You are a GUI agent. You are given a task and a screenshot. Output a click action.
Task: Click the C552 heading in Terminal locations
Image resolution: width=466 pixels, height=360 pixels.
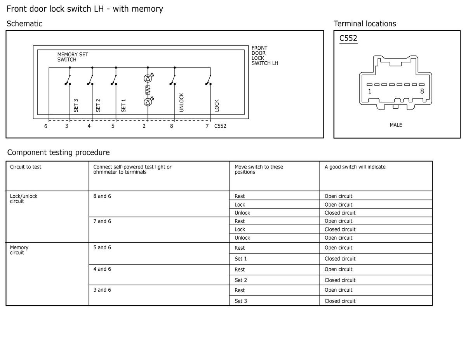(x=348, y=38)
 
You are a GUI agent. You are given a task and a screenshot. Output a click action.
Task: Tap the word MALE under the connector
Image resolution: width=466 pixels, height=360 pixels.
(x=396, y=125)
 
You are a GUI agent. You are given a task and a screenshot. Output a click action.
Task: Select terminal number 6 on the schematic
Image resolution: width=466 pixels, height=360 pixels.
(x=46, y=126)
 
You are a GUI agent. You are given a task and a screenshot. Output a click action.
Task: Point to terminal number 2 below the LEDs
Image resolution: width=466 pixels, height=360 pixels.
(x=144, y=126)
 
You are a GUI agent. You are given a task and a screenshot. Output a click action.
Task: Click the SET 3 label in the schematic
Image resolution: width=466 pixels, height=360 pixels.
(x=76, y=105)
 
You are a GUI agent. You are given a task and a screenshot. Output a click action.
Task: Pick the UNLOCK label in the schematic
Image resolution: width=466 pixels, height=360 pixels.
(x=182, y=103)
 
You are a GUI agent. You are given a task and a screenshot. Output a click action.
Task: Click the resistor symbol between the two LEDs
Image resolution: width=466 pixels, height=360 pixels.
(x=148, y=90)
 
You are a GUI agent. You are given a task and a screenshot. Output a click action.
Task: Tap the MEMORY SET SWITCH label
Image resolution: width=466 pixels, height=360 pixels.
(x=73, y=57)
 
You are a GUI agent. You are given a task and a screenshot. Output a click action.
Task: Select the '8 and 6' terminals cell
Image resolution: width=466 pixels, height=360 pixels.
(x=102, y=196)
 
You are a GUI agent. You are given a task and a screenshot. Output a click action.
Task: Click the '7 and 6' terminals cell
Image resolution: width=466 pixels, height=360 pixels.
(x=102, y=221)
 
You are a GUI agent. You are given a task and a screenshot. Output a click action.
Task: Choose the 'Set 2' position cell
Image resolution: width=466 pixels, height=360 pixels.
(x=241, y=280)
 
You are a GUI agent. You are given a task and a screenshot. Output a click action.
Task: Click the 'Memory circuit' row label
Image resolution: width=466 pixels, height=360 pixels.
(x=19, y=250)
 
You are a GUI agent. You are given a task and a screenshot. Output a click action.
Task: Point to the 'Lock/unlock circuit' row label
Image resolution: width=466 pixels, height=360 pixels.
(x=23, y=198)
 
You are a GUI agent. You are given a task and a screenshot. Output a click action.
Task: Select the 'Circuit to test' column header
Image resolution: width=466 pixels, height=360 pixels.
(x=26, y=167)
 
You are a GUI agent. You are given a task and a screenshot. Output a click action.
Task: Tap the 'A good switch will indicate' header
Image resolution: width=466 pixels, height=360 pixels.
(x=355, y=167)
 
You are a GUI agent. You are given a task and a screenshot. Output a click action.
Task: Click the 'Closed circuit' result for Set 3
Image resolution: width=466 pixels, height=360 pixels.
(x=340, y=301)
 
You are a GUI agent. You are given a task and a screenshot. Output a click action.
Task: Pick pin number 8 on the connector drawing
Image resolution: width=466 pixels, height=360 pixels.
(x=422, y=91)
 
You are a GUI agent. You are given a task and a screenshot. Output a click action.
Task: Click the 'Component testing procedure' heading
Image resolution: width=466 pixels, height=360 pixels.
(x=58, y=152)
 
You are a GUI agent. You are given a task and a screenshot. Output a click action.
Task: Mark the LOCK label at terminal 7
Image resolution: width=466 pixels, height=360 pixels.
(x=217, y=106)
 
